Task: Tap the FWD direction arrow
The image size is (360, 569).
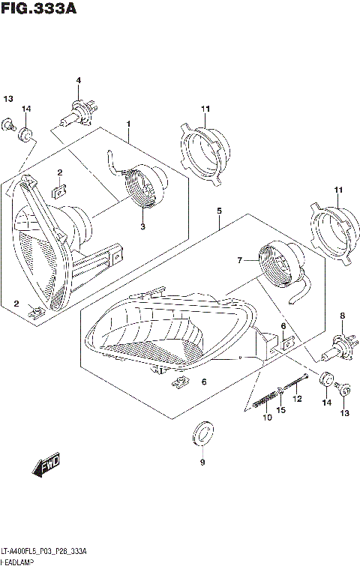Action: [46, 467]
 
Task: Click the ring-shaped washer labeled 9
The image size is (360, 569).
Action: [202, 433]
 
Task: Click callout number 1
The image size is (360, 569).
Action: [128, 123]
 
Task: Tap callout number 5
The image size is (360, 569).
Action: [218, 211]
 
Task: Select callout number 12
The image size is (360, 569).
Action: [296, 399]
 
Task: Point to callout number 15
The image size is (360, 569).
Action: [281, 409]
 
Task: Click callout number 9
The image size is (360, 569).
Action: [201, 463]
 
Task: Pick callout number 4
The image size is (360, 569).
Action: [77, 81]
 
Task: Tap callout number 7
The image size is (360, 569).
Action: [240, 260]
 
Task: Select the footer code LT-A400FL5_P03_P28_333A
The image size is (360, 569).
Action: [43, 551]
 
